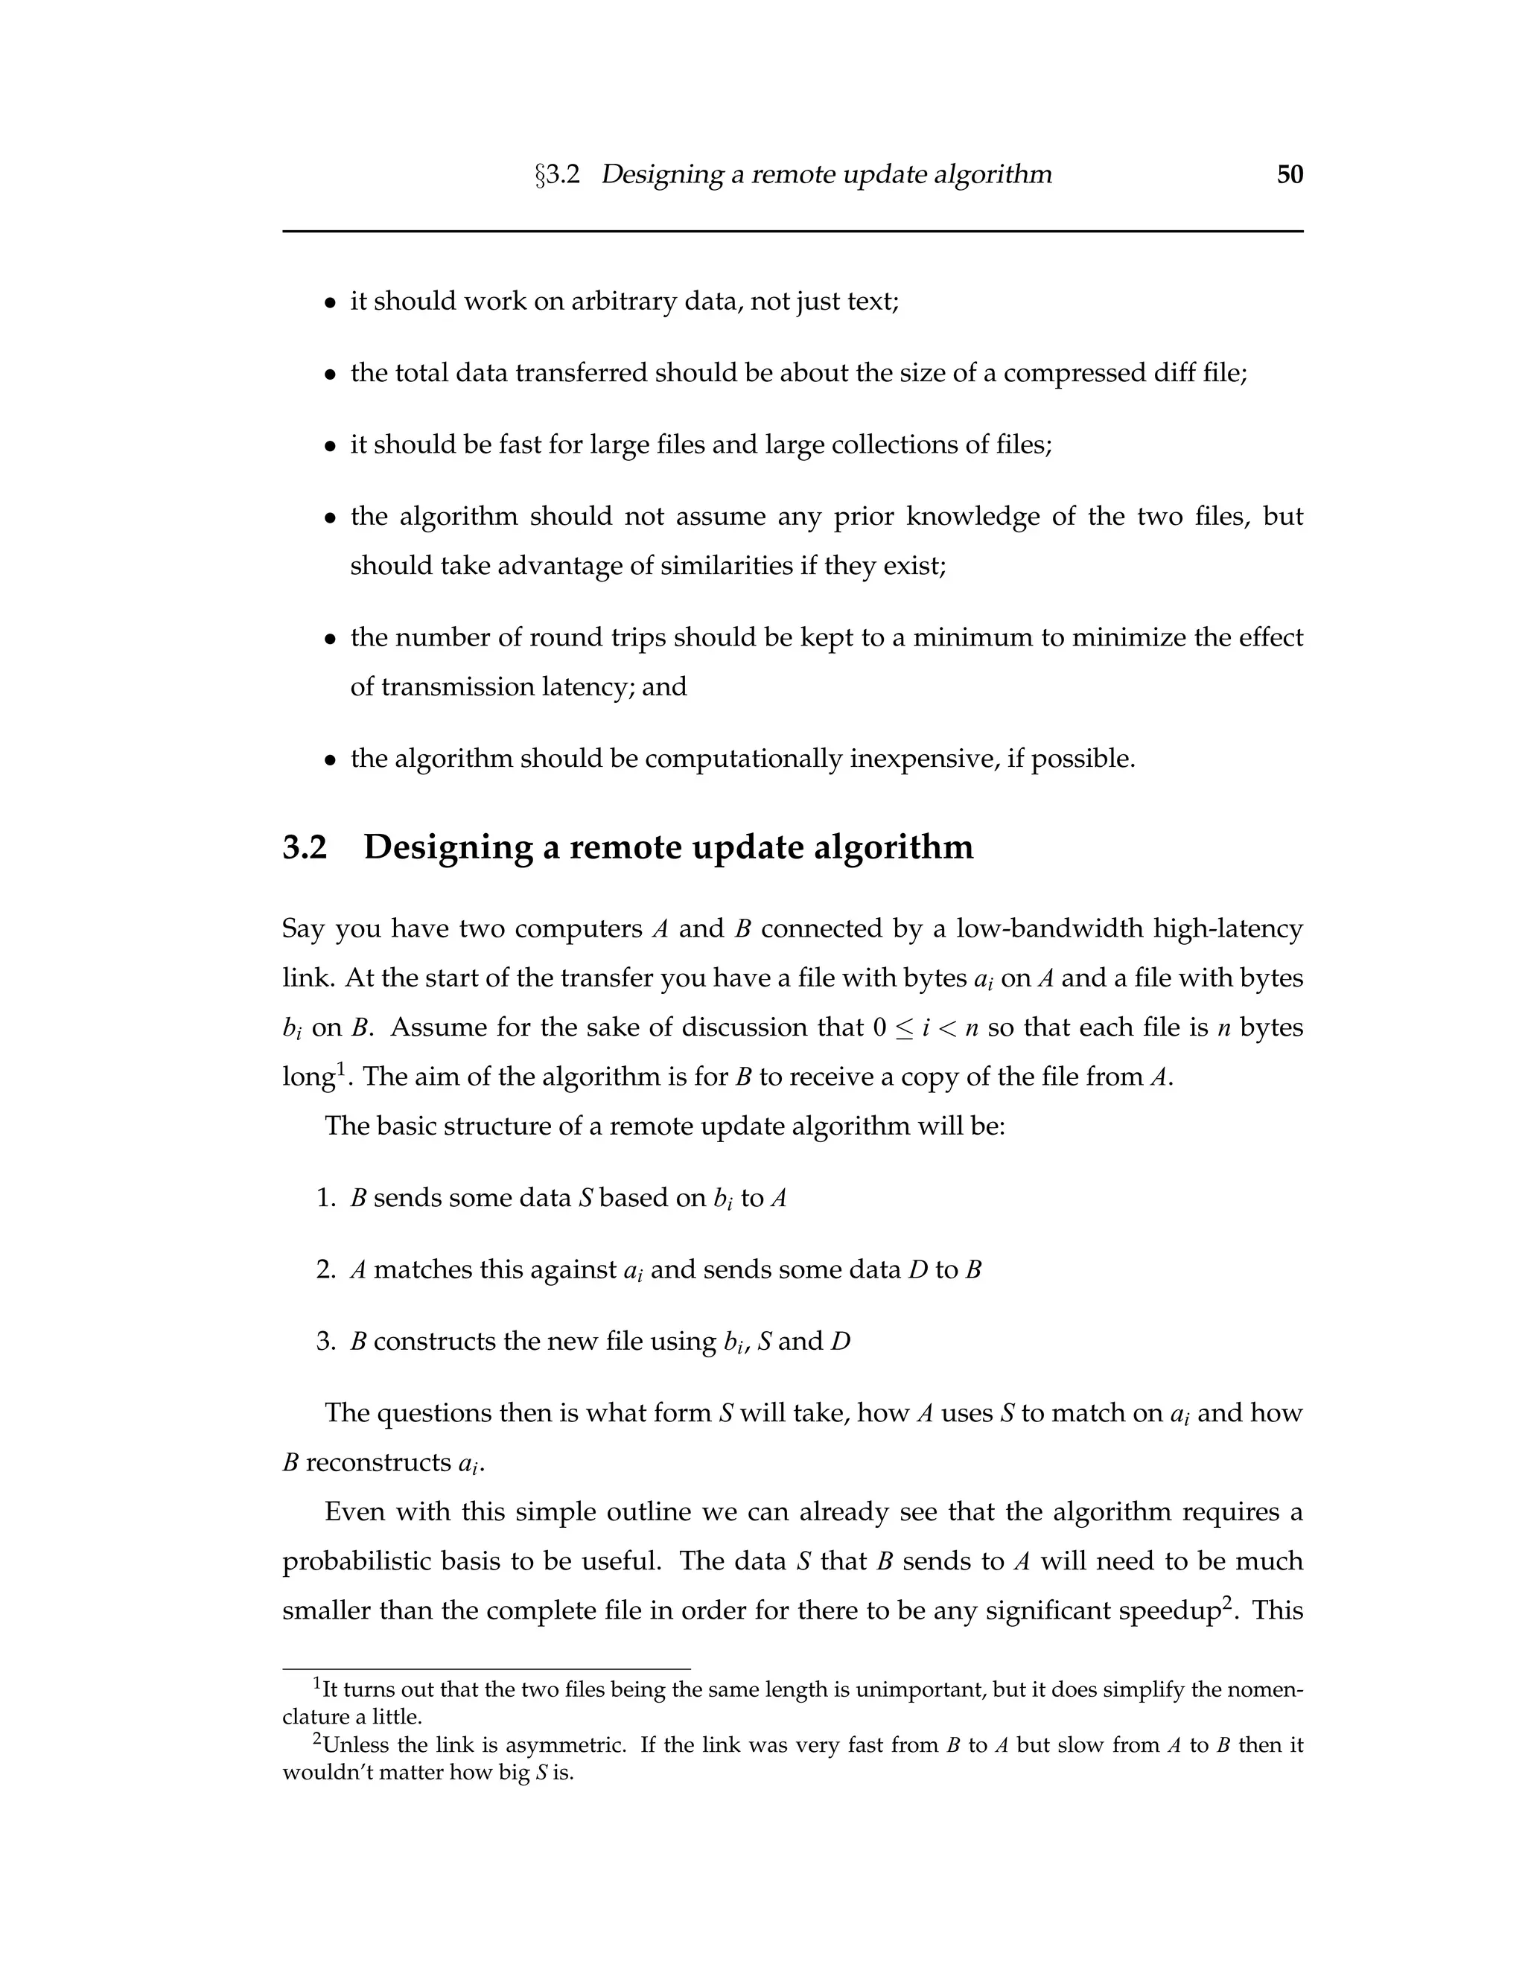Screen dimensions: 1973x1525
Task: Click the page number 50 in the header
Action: (1289, 174)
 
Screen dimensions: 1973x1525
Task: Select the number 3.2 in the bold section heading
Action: (305, 847)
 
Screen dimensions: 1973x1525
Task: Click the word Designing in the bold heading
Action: (448, 847)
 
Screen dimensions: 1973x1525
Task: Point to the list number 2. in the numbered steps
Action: (326, 1269)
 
